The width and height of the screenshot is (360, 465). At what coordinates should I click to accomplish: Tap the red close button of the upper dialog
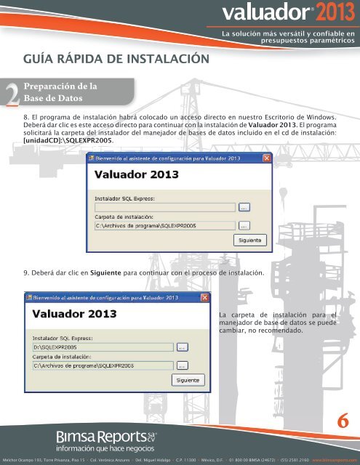tap(267, 158)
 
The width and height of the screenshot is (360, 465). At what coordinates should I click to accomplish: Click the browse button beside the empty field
tap(244, 207)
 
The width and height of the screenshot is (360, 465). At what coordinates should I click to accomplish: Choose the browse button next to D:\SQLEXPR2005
tap(183, 347)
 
